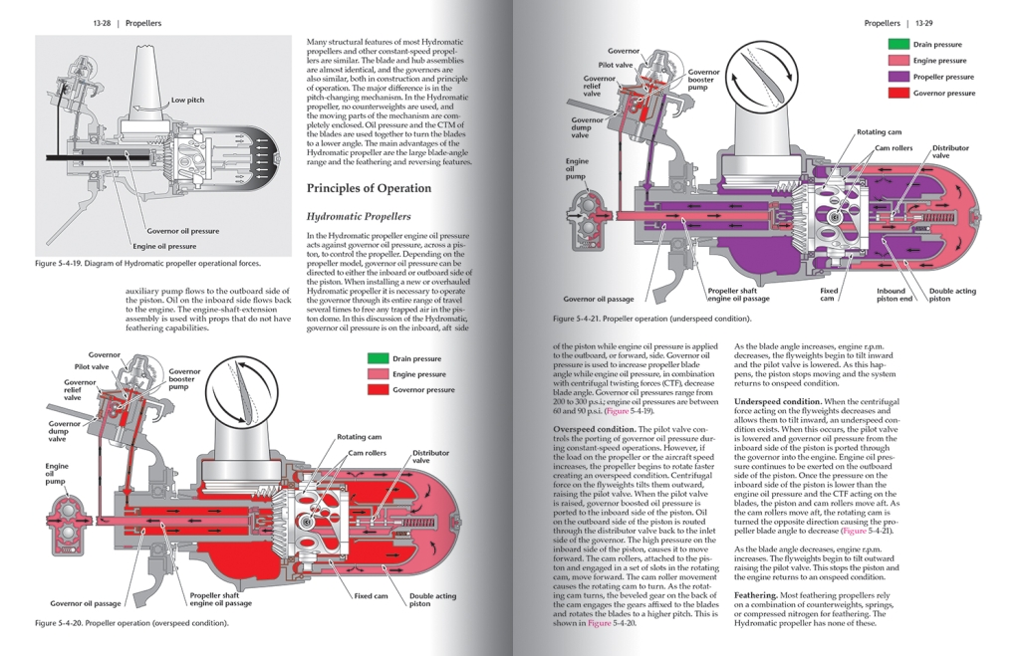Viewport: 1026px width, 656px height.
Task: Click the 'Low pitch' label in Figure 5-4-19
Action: (188, 101)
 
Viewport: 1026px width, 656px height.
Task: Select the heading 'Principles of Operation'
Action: (369, 188)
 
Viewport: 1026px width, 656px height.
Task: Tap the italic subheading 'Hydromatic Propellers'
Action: (359, 216)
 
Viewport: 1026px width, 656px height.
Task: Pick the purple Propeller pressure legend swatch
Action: (898, 77)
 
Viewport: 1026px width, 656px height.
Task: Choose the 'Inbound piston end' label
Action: (894, 295)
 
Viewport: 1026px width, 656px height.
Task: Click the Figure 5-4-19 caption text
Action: (146, 264)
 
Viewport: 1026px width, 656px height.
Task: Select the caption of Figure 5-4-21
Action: (651, 319)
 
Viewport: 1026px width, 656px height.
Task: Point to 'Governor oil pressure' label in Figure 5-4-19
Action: (183, 232)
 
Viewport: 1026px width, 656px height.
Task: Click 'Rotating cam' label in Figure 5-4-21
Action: (880, 132)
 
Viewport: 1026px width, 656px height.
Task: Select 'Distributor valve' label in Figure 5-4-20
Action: (430, 457)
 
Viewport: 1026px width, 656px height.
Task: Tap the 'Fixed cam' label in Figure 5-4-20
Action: (371, 596)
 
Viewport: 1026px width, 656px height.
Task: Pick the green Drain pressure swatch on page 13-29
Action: (898, 45)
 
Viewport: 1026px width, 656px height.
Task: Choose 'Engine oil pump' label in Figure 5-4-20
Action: (57, 475)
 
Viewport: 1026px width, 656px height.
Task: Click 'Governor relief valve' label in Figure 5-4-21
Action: (600, 86)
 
